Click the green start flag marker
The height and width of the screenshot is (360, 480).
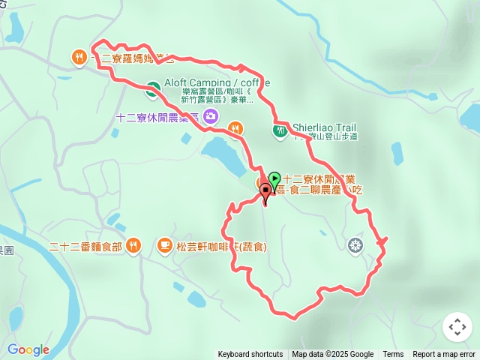[x=274, y=180]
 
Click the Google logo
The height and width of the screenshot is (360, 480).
[x=28, y=349]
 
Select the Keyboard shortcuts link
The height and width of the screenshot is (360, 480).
[x=250, y=355]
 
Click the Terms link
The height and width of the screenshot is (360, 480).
[x=393, y=355]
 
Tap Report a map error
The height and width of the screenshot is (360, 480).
[x=444, y=355]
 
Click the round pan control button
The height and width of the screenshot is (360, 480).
[x=457, y=327]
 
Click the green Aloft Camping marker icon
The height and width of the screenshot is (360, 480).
[x=152, y=88]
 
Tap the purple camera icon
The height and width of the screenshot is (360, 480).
[x=211, y=116]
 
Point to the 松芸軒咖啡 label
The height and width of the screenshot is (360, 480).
[x=222, y=246]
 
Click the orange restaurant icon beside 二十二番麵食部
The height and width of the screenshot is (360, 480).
[x=133, y=244]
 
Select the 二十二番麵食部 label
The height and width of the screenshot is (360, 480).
[x=84, y=245]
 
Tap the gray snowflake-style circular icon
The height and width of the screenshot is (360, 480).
[x=355, y=244]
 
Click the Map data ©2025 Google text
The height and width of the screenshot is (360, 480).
[x=332, y=355]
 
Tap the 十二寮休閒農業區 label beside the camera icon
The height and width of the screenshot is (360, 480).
[x=157, y=117]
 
